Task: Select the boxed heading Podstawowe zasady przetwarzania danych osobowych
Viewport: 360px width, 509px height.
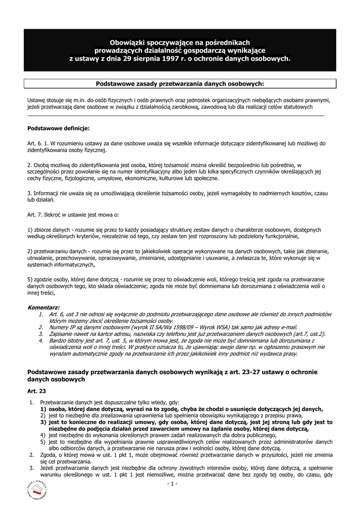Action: click(x=180, y=84)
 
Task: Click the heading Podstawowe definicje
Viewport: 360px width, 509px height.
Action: click(x=58, y=128)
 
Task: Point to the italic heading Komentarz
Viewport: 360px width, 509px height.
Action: click(x=43, y=308)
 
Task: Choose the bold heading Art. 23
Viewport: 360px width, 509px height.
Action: click(x=36, y=391)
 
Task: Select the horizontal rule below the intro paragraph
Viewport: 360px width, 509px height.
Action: click(x=176, y=115)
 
